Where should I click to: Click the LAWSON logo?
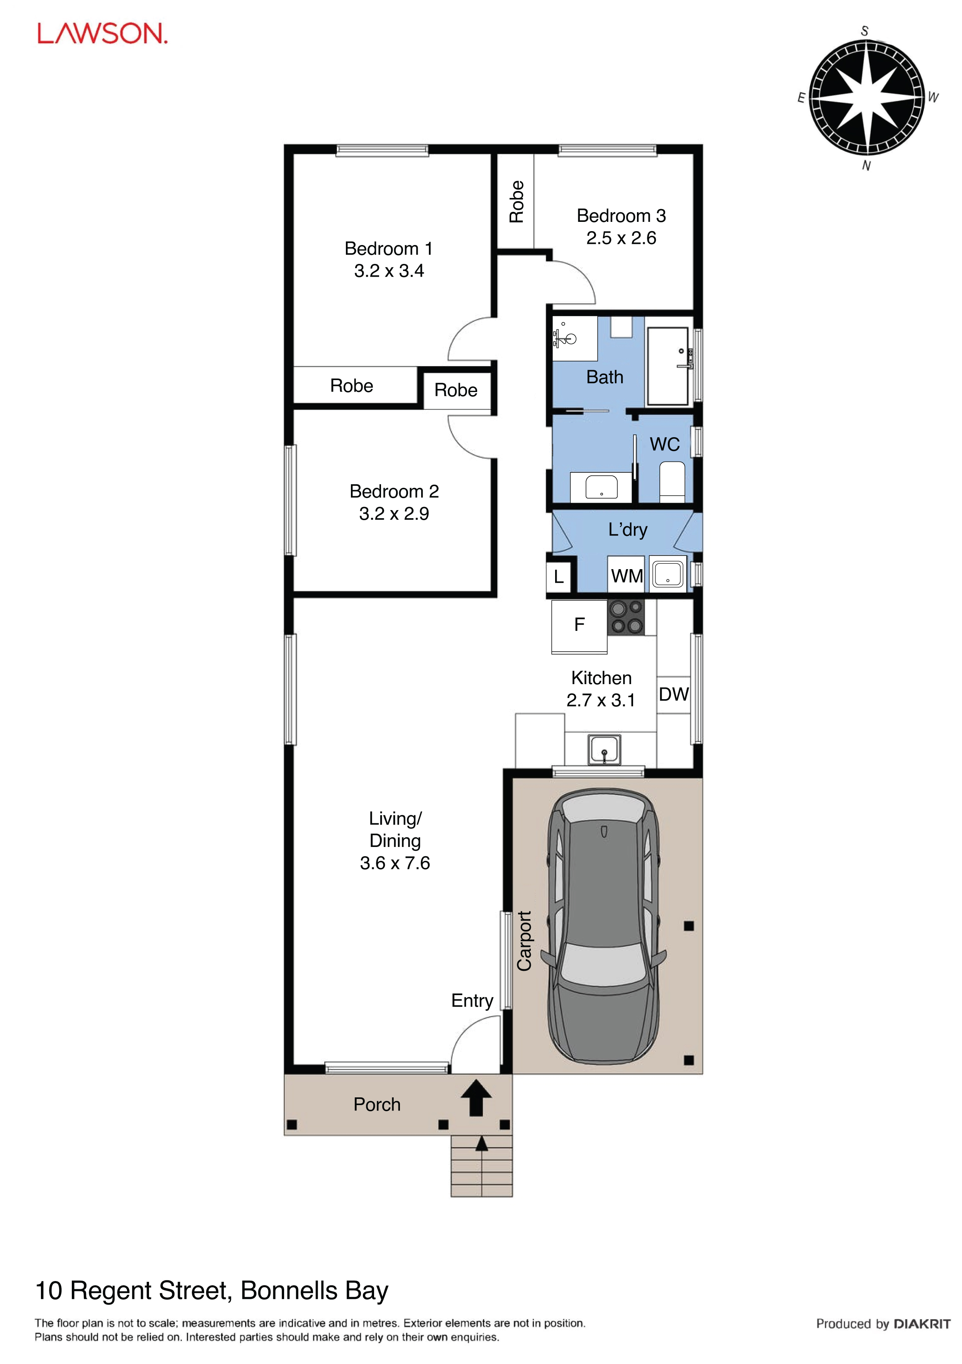(x=102, y=34)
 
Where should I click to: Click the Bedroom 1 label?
(x=389, y=248)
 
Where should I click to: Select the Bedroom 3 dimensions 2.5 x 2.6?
(x=621, y=238)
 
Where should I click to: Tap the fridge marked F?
(x=579, y=627)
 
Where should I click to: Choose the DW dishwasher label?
(x=674, y=694)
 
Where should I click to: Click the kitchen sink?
(x=604, y=750)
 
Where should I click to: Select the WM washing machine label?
(x=627, y=576)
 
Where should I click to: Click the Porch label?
(x=377, y=1104)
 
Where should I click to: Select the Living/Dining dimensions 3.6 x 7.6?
(x=395, y=863)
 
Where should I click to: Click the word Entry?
(x=473, y=1001)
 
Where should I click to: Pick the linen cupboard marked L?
(x=559, y=576)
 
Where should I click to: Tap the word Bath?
(x=605, y=377)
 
